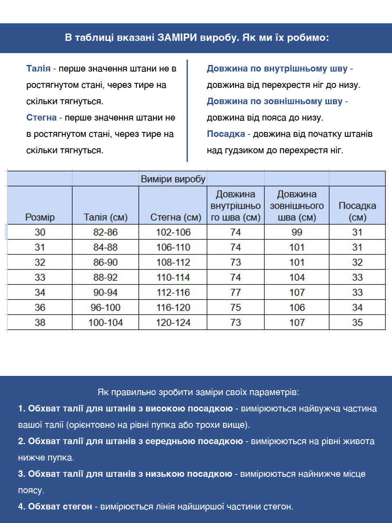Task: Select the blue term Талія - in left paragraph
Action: click(41, 69)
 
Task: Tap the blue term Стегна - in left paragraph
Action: click(44, 118)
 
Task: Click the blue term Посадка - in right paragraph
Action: click(228, 134)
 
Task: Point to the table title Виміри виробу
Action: click(173, 179)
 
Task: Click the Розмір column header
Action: click(40, 217)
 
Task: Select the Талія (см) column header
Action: click(105, 217)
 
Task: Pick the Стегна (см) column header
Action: click(176, 217)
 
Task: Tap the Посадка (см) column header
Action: click(357, 211)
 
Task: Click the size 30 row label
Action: click(40, 232)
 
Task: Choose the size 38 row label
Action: click(40, 322)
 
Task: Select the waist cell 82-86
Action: click(105, 232)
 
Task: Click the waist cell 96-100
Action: click(105, 307)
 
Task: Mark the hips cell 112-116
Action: click(173, 292)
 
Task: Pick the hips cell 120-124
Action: click(173, 322)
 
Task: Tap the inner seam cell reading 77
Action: click(236, 292)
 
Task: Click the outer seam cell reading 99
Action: click(297, 232)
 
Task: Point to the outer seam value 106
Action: click(297, 307)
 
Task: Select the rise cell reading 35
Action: click(357, 322)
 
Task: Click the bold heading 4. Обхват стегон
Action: click(55, 507)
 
